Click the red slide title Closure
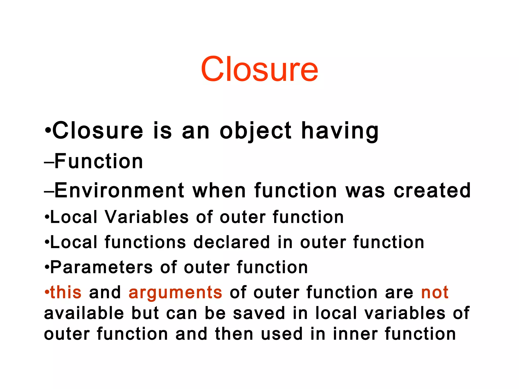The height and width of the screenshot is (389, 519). point(259,69)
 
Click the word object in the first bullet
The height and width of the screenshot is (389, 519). point(255,131)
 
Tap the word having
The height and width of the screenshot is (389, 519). point(340,131)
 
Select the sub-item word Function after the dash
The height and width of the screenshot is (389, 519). point(99,161)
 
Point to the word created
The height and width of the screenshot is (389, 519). point(432,190)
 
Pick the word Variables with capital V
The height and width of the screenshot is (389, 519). point(147,217)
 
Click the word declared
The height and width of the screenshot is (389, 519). point(232,242)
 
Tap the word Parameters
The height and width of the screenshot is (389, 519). point(102,267)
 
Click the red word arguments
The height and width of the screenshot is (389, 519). point(175,293)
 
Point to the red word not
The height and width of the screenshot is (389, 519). point(435,292)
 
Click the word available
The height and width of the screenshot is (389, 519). point(84,313)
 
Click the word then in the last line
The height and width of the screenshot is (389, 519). point(234,334)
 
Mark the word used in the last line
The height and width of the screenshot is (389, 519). point(282,334)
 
